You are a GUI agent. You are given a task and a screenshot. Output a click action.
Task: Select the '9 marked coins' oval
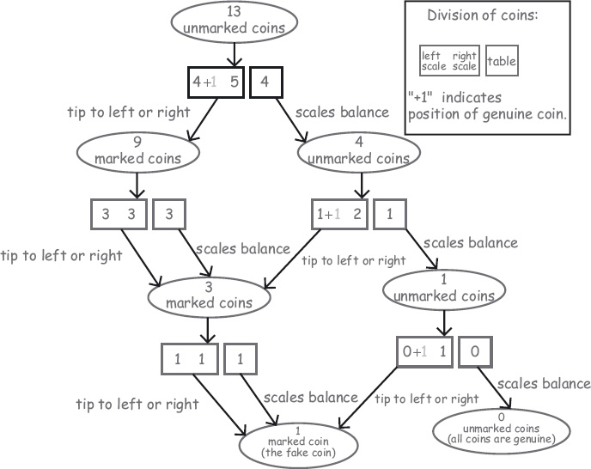(137, 151)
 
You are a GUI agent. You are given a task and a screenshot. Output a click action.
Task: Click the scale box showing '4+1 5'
(216, 82)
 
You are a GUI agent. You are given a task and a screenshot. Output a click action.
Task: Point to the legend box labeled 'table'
(502, 60)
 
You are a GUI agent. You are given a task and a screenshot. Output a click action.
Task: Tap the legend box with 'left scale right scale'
(449, 60)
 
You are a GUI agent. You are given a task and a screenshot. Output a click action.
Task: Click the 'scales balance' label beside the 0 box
(544, 383)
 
